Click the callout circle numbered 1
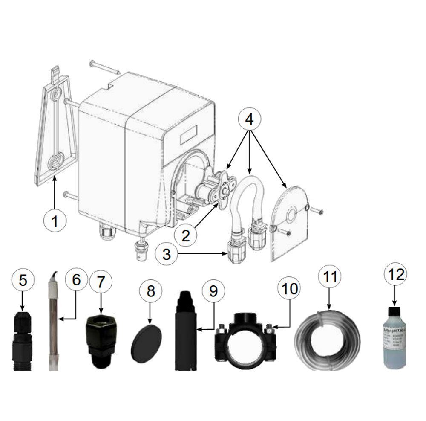point(55,221)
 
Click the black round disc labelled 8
point(146,340)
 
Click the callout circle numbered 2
point(186,234)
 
